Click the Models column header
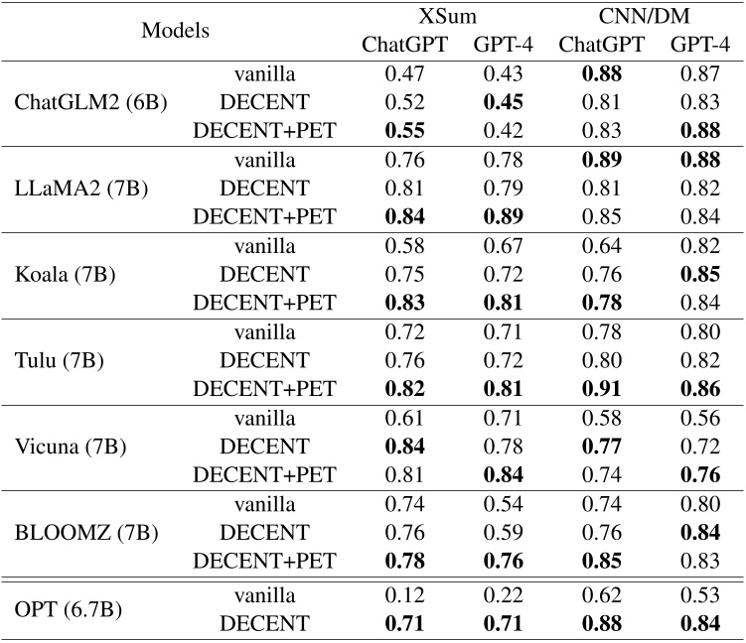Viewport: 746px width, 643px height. pyautogui.click(x=176, y=31)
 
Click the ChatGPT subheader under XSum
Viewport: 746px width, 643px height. pyautogui.click(x=404, y=45)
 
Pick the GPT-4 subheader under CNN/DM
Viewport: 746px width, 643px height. pyautogui.click(x=699, y=45)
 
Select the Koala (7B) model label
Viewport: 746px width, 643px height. pyautogui.click(x=67, y=273)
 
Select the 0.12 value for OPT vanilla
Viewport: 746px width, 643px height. pyautogui.click(x=404, y=595)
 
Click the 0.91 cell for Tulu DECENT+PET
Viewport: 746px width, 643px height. pyautogui.click(x=601, y=387)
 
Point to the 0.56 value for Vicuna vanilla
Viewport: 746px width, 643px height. pyautogui.click(x=699, y=417)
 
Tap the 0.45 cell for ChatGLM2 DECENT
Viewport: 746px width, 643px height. pyautogui.click(x=503, y=100)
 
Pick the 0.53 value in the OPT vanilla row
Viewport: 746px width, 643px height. pyautogui.click(x=699, y=595)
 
